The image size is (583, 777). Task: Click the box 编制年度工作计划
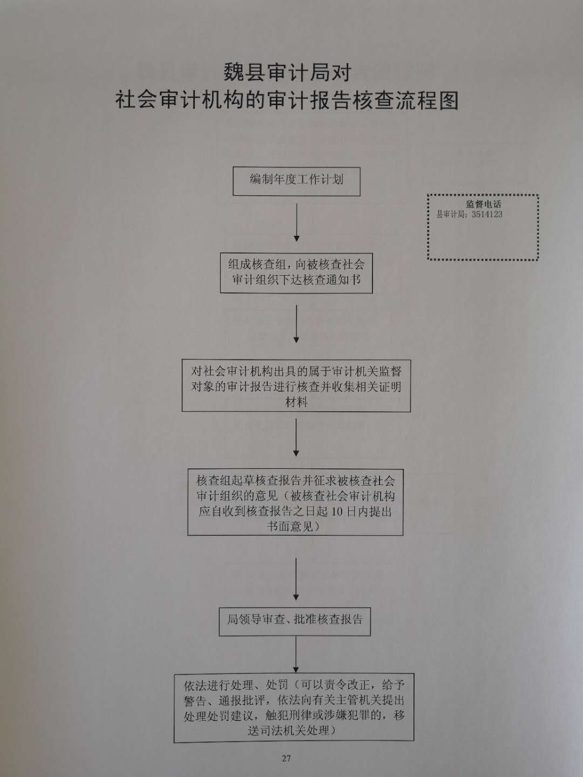(x=296, y=182)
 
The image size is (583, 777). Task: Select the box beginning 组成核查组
(x=296, y=272)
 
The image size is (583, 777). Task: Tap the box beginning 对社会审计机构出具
(x=296, y=385)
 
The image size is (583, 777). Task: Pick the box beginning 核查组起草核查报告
(x=295, y=502)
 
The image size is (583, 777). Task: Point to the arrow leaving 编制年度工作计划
(x=297, y=222)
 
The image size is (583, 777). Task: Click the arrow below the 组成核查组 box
(x=296, y=324)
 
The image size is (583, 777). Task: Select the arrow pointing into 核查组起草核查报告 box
(x=296, y=438)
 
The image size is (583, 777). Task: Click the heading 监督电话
(x=484, y=204)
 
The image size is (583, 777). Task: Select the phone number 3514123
(x=487, y=214)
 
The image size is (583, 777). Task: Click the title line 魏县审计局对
(x=287, y=72)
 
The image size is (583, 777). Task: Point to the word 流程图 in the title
(x=426, y=100)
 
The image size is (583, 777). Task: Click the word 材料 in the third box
(x=296, y=402)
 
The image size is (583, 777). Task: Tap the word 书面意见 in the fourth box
(x=290, y=527)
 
